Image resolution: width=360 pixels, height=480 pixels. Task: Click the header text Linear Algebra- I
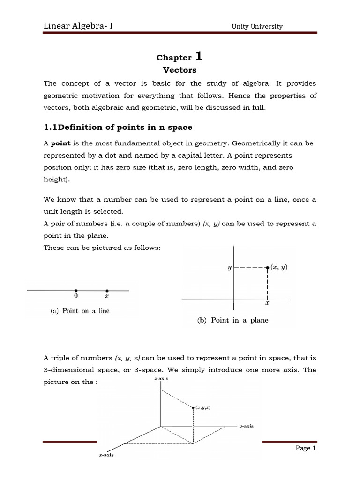[77, 26]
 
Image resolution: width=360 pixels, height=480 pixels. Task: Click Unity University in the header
[257, 26]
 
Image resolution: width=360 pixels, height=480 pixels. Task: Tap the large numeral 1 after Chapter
[199, 57]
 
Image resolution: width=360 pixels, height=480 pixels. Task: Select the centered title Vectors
[180, 70]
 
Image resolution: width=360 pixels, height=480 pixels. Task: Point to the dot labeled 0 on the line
[76, 291]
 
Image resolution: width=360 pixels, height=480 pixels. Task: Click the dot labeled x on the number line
[107, 291]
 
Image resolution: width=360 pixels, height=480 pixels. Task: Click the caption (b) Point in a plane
[232, 321]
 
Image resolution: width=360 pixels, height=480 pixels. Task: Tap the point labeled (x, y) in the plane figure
[267, 268]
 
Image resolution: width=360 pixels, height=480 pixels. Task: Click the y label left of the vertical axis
[230, 268]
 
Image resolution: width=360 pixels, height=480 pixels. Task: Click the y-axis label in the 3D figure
[246, 426]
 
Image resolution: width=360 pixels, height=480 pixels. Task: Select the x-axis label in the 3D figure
[106, 455]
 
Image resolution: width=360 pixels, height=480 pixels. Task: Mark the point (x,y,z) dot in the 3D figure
[193, 408]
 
